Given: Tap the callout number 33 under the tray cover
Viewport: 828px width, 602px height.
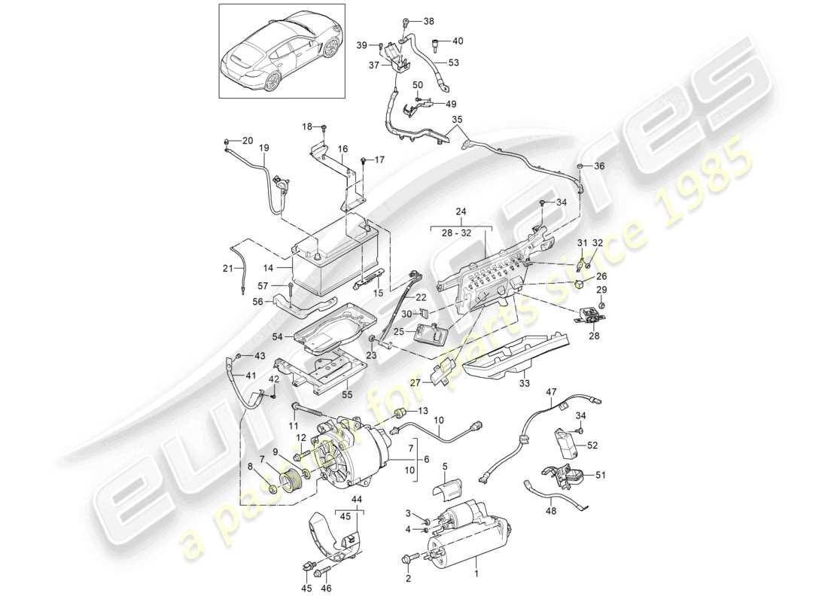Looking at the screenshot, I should pyautogui.click(x=524, y=384).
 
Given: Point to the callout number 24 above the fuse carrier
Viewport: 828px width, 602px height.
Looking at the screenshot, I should pyautogui.click(x=461, y=212).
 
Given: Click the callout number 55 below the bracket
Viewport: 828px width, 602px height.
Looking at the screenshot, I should pyautogui.click(x=347, y=394).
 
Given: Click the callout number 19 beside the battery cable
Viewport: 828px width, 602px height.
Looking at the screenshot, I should pyautogui.click(x=264, y=149).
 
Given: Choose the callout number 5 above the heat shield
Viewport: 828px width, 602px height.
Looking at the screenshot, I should pyautogui.click(x=444, y=467).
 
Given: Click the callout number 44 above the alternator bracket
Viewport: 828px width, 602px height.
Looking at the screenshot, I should pyautogui.click(x=355, y=500).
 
